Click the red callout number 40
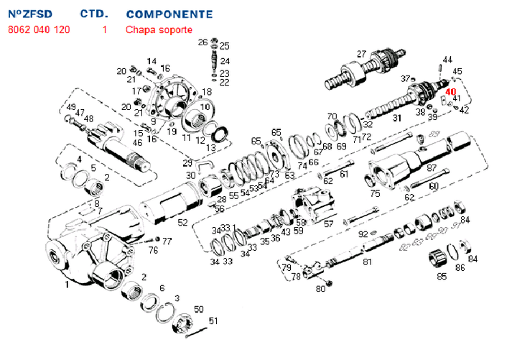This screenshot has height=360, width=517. click(450, 91)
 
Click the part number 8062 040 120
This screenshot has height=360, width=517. click(39, 30)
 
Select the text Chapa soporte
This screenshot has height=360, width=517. click(159, 30)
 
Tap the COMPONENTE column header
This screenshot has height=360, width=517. click(169, 14)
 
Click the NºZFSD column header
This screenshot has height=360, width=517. click(30, 14)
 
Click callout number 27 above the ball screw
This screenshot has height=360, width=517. click(361, 54)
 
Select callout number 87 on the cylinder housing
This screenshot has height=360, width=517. click(432, 167)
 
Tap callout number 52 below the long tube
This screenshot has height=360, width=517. click(183, 222)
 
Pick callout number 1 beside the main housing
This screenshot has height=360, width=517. click(67, 285)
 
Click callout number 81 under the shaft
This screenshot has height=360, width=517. click(367, 262)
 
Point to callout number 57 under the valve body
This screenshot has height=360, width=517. click(329, 224)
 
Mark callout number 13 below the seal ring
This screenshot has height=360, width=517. click(210, 148)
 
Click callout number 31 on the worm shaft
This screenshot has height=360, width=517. click(396, 118)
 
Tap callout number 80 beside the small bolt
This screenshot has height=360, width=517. click(320, 289)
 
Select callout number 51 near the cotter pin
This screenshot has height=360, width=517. click(213, 320)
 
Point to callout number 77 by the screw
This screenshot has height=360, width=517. click(167, 241)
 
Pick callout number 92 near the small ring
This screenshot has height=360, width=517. click(363, 234)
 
